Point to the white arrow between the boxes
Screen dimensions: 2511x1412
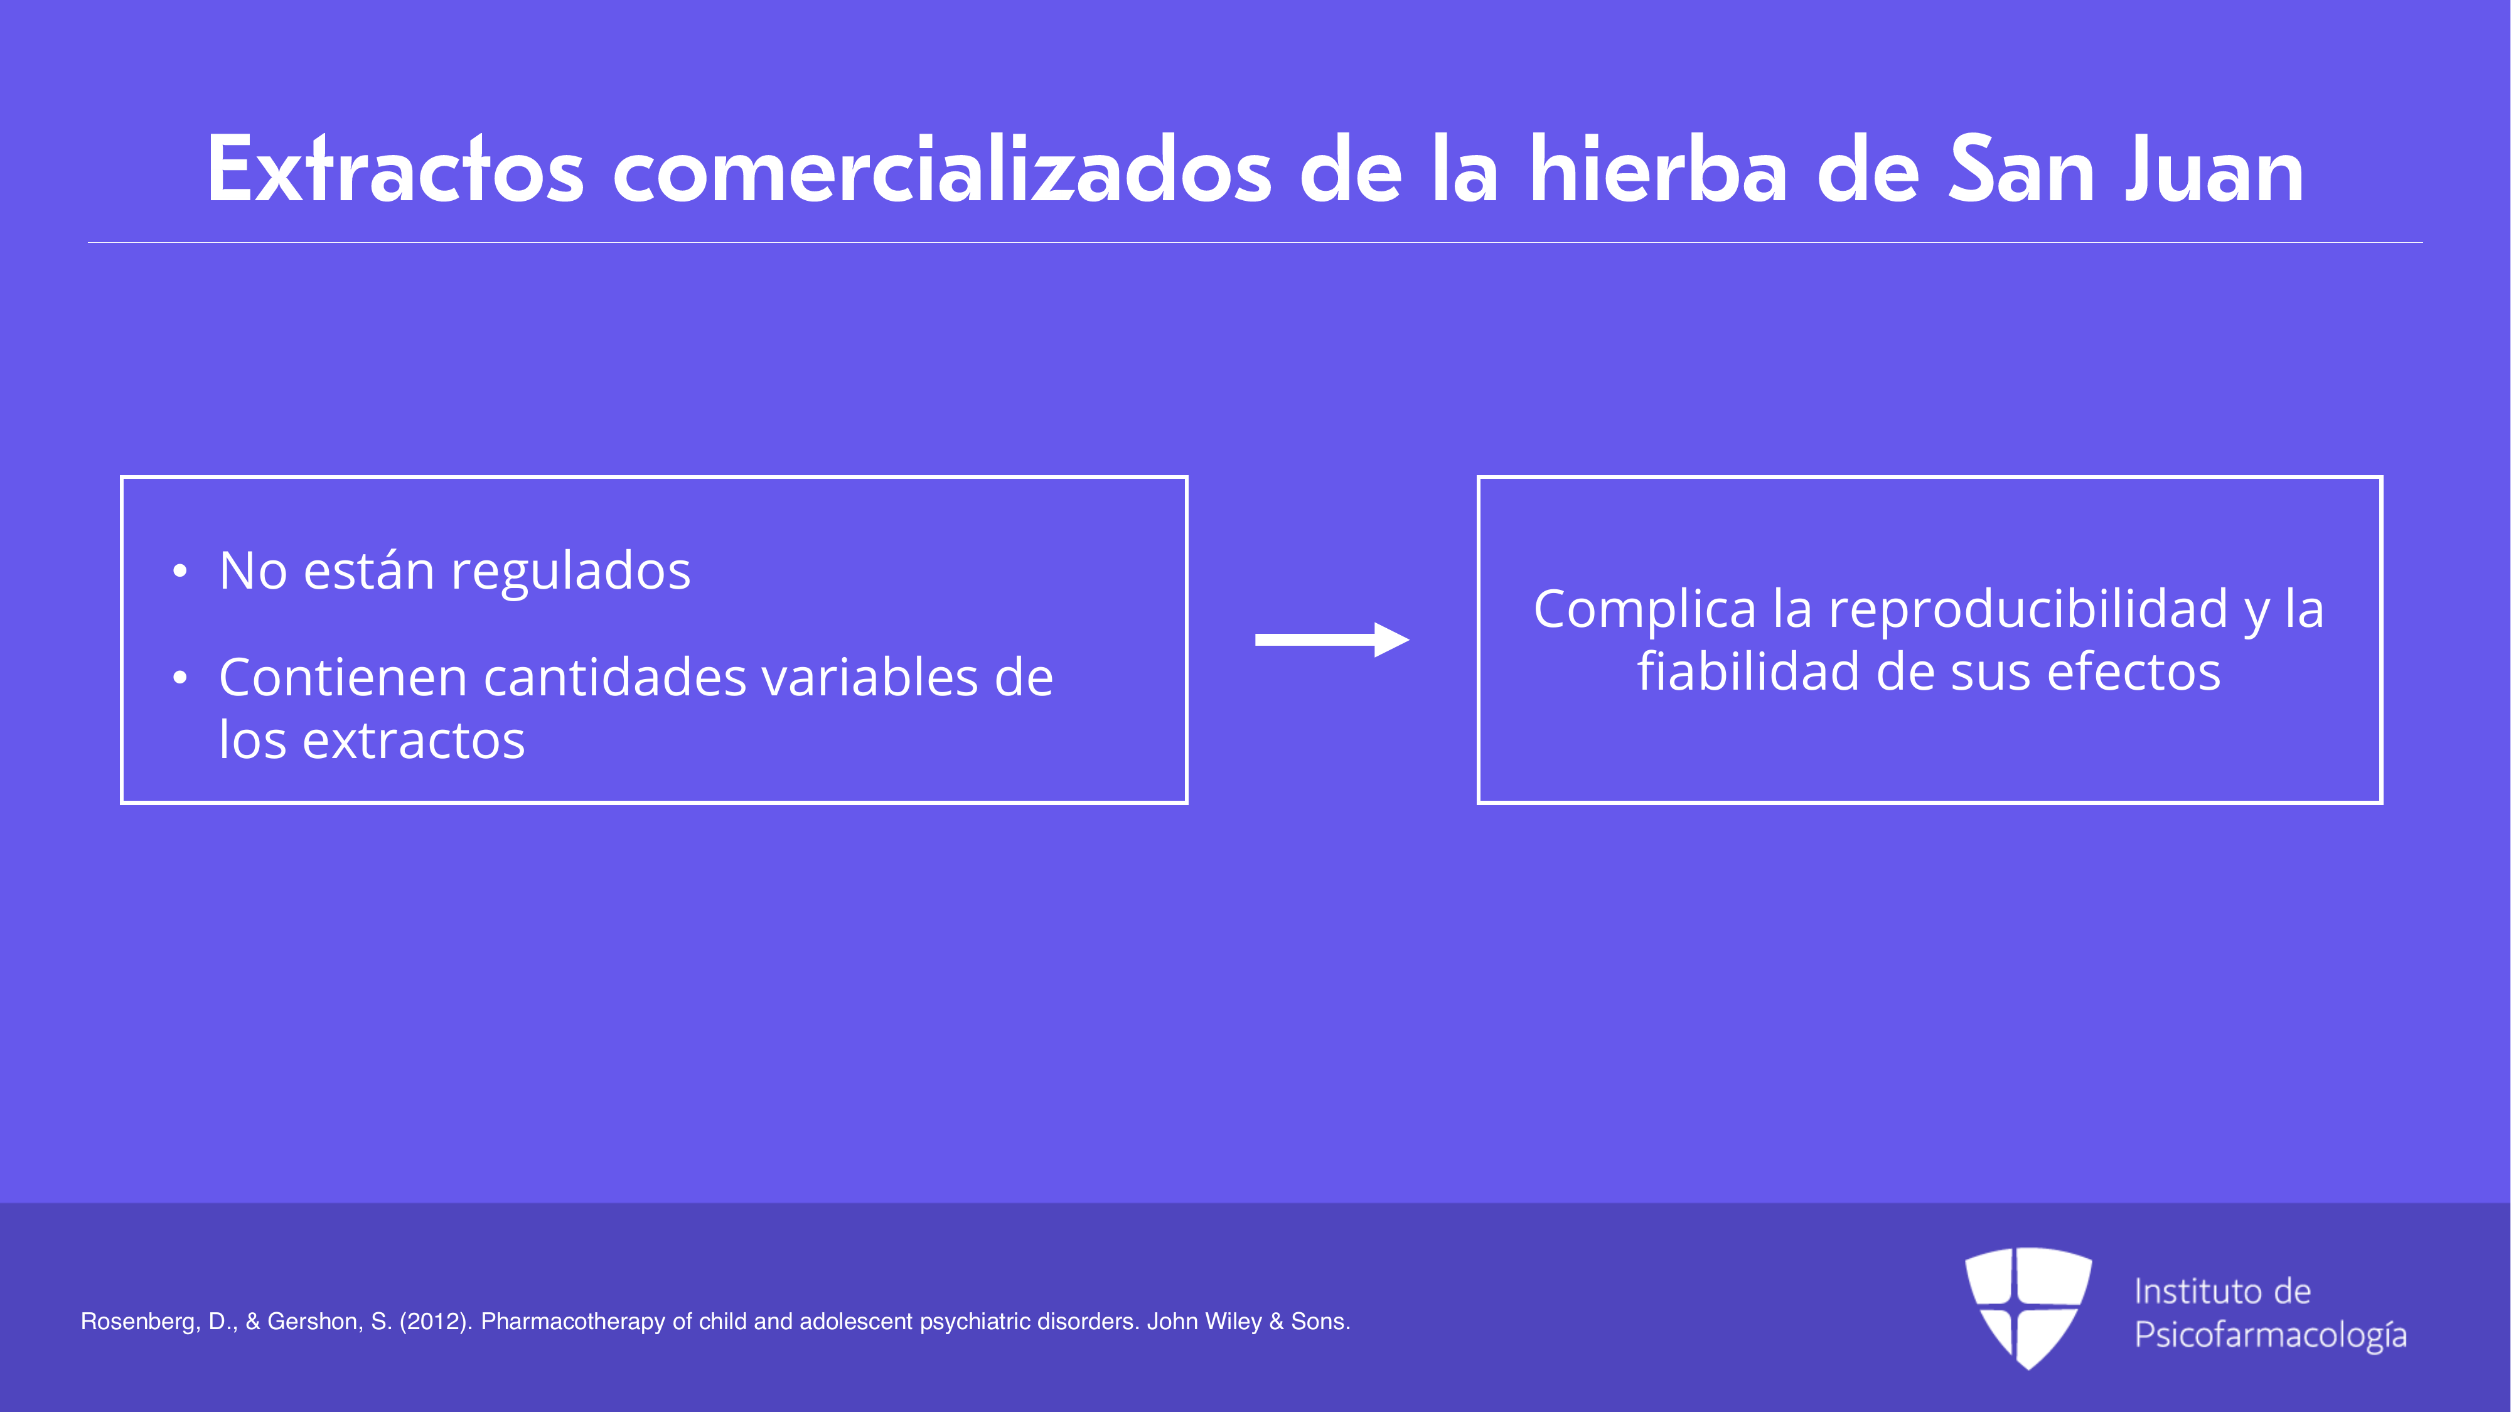pos(1332,640)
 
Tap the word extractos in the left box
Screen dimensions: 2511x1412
pos(414,741)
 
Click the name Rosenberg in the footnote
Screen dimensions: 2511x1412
pos(141,1322)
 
